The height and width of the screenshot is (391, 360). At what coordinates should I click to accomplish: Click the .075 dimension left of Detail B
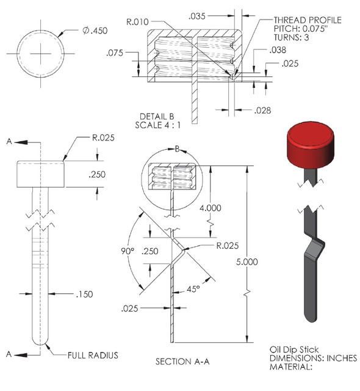pyautogui.click(x=114, y=53)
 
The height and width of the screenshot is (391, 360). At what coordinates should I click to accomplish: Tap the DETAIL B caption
pyautogui.click(x=157, y=116)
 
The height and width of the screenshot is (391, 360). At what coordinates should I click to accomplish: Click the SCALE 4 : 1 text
pyautogui.click(x=157, y=125)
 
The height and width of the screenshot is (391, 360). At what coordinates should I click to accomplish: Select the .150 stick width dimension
pyautogui.click(x=84, y=294)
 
